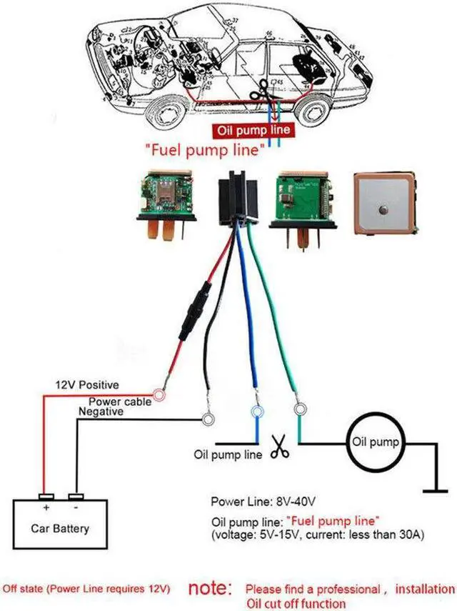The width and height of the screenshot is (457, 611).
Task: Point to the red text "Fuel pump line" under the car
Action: pos(206,150)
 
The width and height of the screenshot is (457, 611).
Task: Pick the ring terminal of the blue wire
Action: pos(256,412)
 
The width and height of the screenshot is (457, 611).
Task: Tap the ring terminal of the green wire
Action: pos(299,409)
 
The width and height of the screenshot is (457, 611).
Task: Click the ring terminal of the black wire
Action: pos(209,419)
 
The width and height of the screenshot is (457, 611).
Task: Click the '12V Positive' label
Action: pos(88,385)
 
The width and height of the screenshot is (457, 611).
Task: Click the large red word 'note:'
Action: pos(211,590)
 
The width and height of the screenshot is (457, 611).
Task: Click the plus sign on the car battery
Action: pos(46,508)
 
